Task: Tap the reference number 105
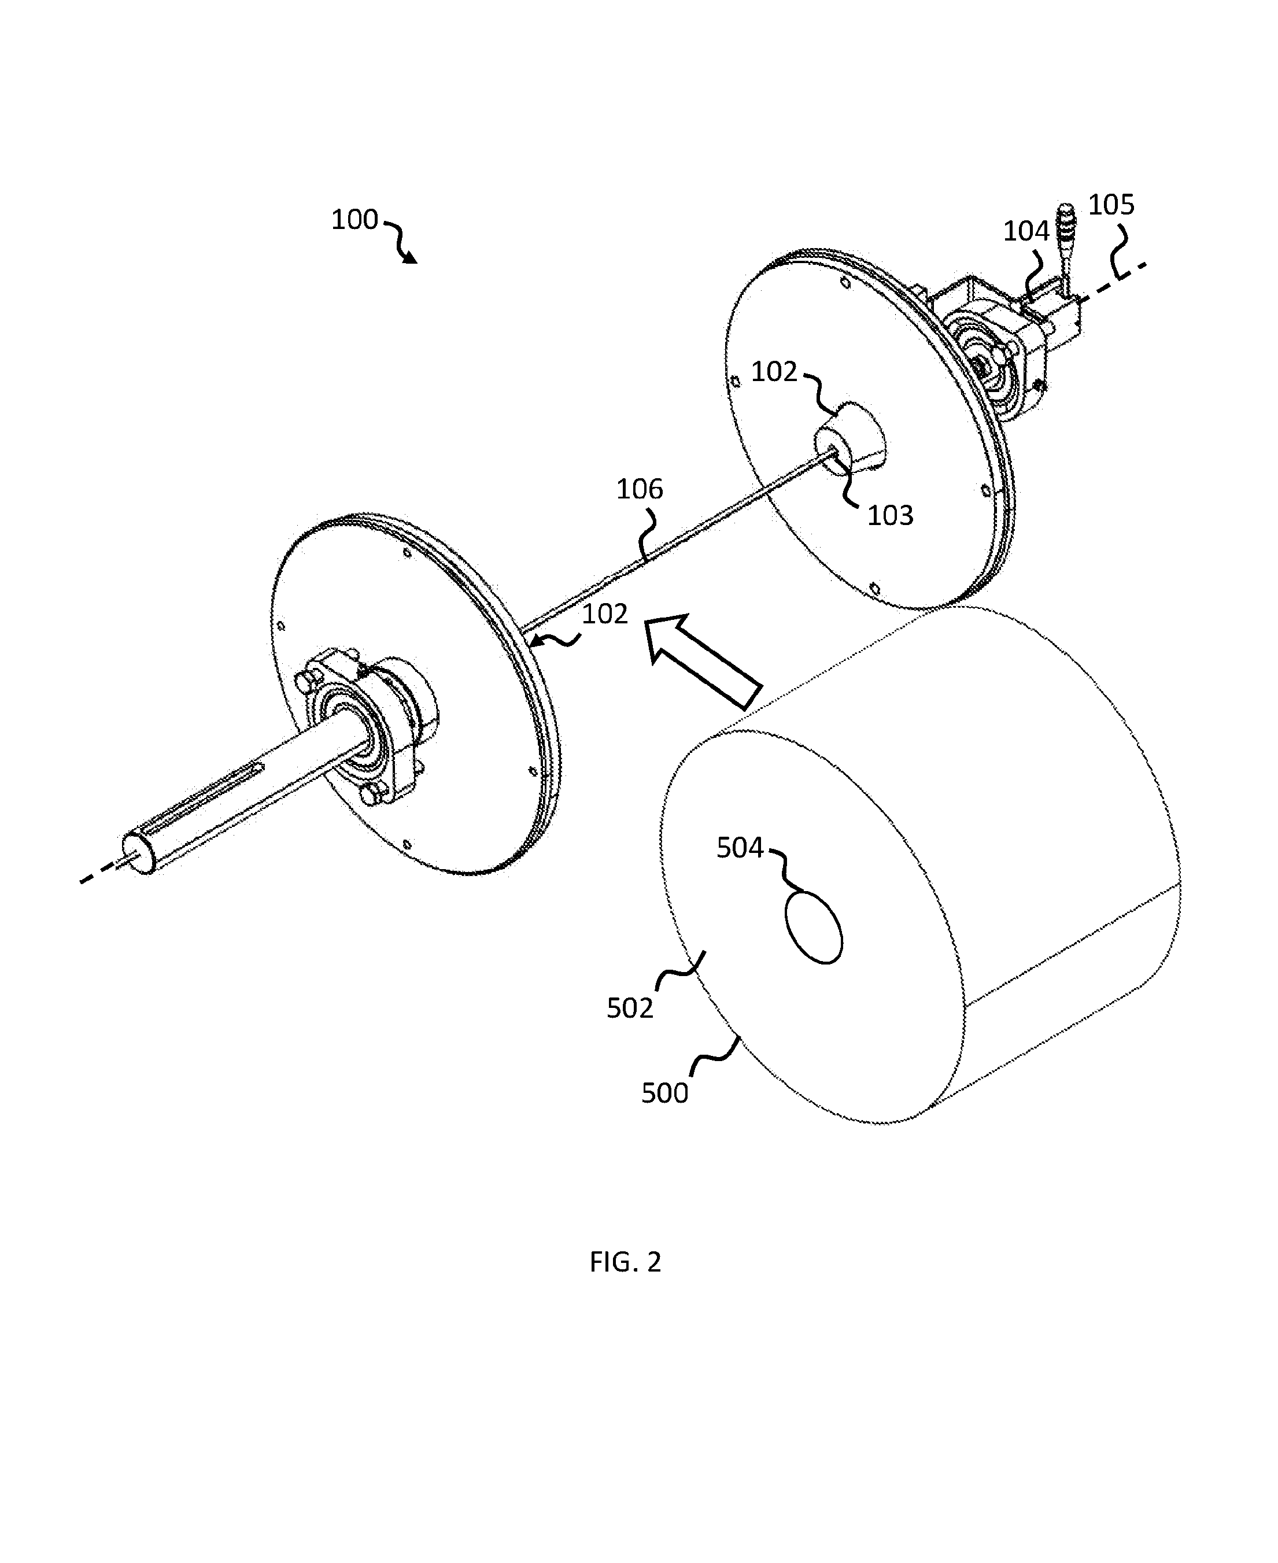1111,205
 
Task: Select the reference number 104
1025,232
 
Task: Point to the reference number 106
640,489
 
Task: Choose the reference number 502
630,1008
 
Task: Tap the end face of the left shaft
137,852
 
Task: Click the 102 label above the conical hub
774,372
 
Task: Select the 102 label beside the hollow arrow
605,614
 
